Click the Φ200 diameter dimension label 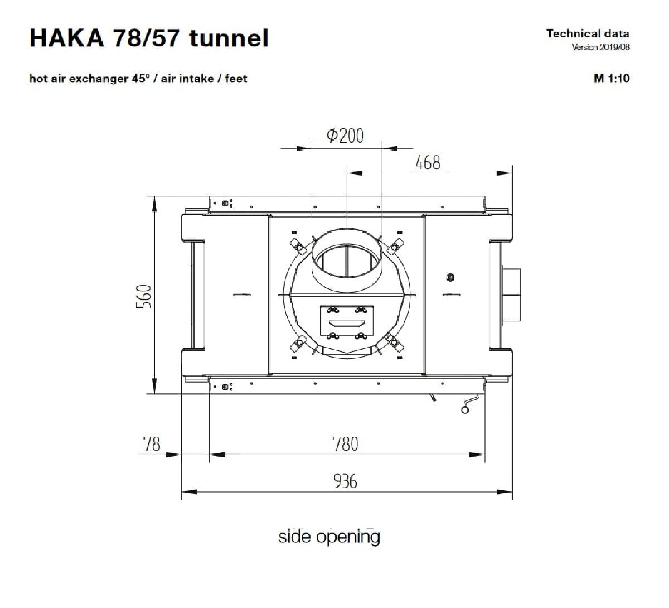(345, 136)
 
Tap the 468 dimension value (428, 162)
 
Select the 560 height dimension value (144, 296)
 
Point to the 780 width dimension (345, 444)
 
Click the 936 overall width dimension (345, 481)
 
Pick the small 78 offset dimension (152, 444)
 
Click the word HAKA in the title (67, 38)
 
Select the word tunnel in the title (229, 38)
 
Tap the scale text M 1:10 (612, 79)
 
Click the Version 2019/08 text (600, 47)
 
